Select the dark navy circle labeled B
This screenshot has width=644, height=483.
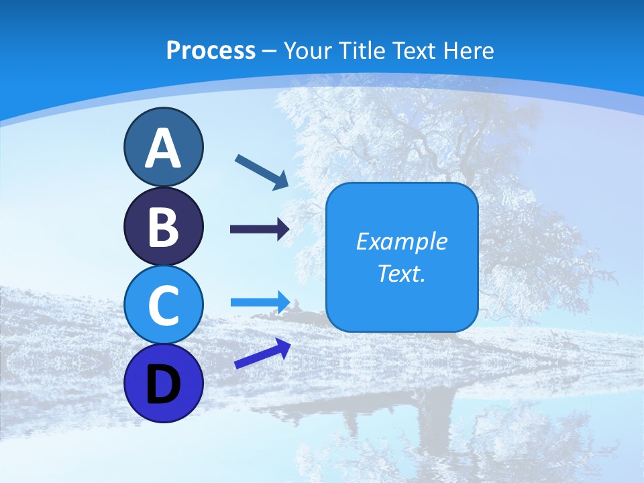[x=163, y=227]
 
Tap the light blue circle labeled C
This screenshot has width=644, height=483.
[x=163, y=305]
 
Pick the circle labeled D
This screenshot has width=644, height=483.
[x=163, y=384]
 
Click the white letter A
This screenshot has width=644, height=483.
[x=163, y=149]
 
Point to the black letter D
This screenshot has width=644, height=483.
[x=163, y=385]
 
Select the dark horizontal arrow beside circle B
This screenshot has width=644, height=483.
[x=260, y=229]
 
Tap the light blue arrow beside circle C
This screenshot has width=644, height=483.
[x=260, y=301]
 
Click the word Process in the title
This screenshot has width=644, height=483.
[x=211, y=50]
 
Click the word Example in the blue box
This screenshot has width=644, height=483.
[x=401, y=241]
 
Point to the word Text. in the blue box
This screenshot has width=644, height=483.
[x=401, y=273]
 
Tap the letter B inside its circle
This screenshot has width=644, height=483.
[x=163, y=228]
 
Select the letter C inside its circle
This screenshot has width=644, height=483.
[x=163, y=306]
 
